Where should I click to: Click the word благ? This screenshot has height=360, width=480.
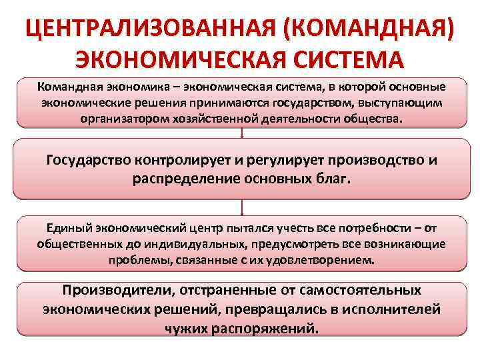[335, 179]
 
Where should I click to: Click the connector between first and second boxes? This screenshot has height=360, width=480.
[241, 133]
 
